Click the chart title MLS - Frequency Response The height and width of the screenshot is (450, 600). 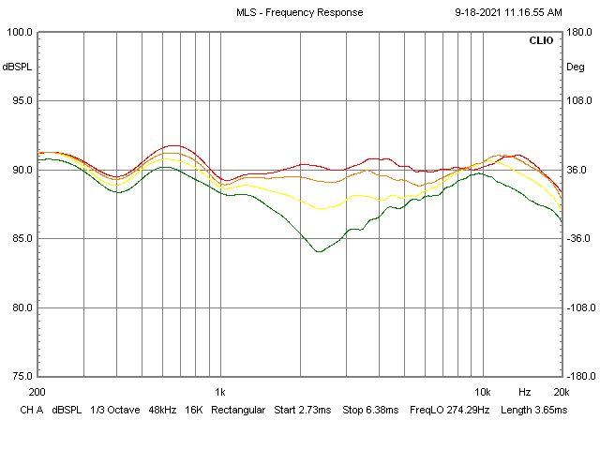(298, 13)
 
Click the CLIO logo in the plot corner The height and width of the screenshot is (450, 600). (541, 41)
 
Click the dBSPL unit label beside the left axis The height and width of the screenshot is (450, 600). (16, 67)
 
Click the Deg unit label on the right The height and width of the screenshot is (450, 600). (575, 67)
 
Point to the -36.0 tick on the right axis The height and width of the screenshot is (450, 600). (577, 238)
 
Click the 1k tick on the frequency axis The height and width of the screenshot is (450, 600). (220, 390)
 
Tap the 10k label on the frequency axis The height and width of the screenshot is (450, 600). (482, 390)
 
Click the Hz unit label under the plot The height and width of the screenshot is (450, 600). (524, 390)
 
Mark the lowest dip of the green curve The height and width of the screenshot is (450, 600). (319, 251)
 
